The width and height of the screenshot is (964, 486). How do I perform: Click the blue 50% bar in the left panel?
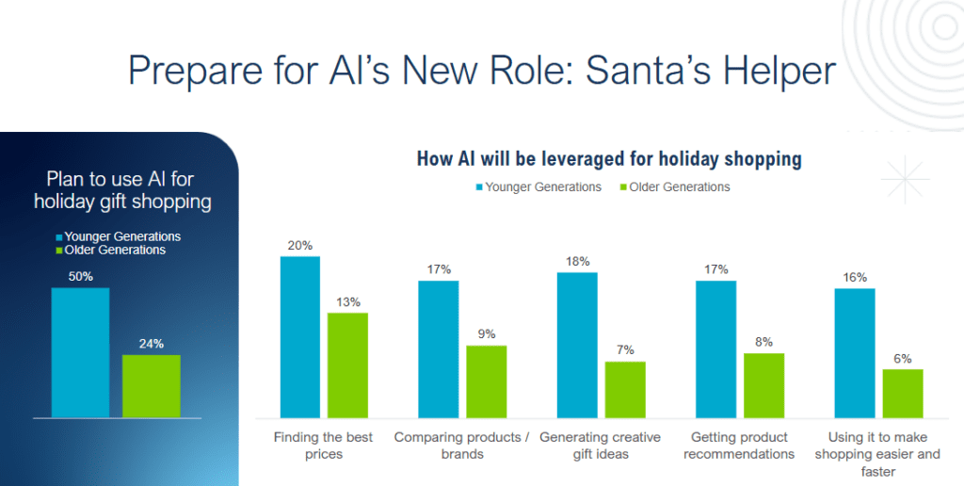click(x=80, y=352)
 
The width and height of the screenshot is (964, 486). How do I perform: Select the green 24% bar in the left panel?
click(x=151, y=385)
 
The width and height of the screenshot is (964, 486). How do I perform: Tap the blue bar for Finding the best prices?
click(x=300, y=336)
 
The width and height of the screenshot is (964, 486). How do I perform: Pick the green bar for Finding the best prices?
click(x=347, y=364)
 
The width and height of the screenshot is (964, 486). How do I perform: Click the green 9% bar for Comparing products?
click(x=486, y=381)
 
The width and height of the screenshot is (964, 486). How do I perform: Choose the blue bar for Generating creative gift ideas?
click(x=577, y=345)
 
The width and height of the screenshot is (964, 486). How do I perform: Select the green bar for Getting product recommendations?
click(x=763, y=385)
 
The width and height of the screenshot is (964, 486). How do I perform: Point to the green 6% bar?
click(x=902, y=393)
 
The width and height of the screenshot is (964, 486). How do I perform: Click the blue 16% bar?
click(x=855, y=352)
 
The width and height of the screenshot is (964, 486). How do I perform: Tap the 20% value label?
click(x=300, y=245)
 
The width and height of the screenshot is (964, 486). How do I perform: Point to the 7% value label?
click(x=624, y=350)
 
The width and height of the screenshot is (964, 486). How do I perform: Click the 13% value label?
click(x=347, y=301)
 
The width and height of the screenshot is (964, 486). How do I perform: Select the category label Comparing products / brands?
click(x=461, y=445)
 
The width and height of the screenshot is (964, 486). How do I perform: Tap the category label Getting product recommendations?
click(x=739, y=445)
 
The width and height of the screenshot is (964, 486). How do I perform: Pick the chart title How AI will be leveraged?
click(x=609, y=158)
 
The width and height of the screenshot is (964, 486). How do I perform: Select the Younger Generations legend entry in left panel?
click(x=118, y=236)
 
